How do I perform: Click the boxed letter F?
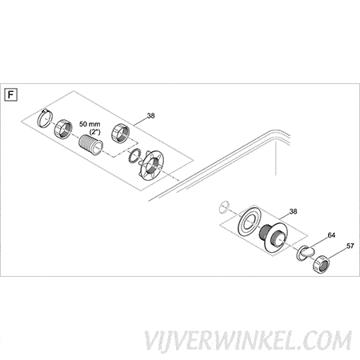(x=11, y=95)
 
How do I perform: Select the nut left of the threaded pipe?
(x=63, y=129)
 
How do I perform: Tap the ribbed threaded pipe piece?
(x=90, y=145)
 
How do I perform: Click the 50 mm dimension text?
(x=90, y=124)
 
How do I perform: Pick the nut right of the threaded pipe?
(x=121, y=133)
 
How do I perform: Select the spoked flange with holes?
(x=152, y=165)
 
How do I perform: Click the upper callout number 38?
(x=150, y=116)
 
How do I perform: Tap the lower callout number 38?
(x=293, y=211)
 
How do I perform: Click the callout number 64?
(x=331, y=235)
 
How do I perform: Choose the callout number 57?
(x=350, y=246)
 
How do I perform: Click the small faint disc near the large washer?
(x=224, y=207)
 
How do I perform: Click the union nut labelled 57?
(x=322, y=263)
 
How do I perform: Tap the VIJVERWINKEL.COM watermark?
(x=248, y=341)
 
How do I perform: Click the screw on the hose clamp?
(x=45, y=110)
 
